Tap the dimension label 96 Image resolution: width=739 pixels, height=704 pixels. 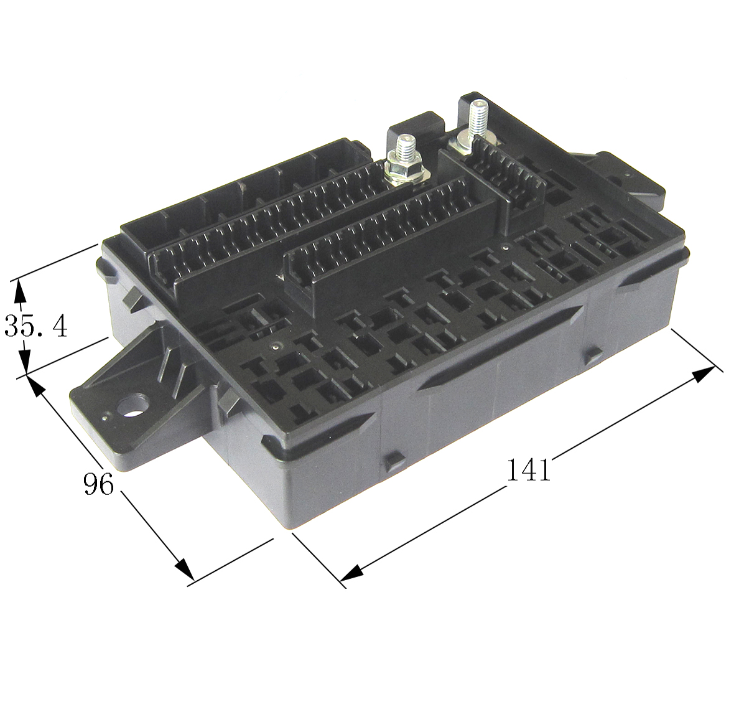[99, 485]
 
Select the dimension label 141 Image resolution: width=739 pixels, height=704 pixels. [528, 470]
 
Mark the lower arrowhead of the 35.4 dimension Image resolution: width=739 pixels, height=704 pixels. [24, 362]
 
